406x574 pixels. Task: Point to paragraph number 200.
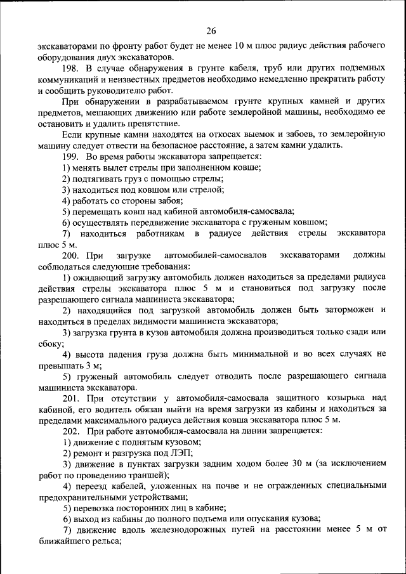pyautogui.click(x=72, y=255)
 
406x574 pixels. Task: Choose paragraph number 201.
pyautogui.click(x=72, y=398)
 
